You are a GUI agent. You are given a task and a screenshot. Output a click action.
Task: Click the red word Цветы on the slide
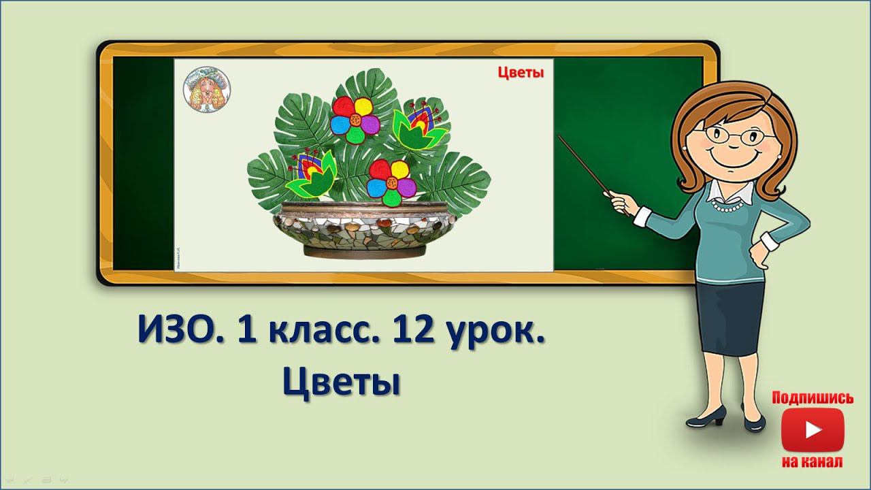521,73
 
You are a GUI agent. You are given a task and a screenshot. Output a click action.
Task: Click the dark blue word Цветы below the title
340,383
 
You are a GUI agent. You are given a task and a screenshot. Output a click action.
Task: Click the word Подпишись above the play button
812,398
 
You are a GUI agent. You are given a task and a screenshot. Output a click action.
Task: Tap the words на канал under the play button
812,462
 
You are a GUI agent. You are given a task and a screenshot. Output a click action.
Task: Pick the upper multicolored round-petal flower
355,119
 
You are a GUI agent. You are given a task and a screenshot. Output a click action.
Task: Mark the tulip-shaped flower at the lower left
312,176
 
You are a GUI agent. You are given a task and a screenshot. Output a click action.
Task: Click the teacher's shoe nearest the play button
753,424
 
